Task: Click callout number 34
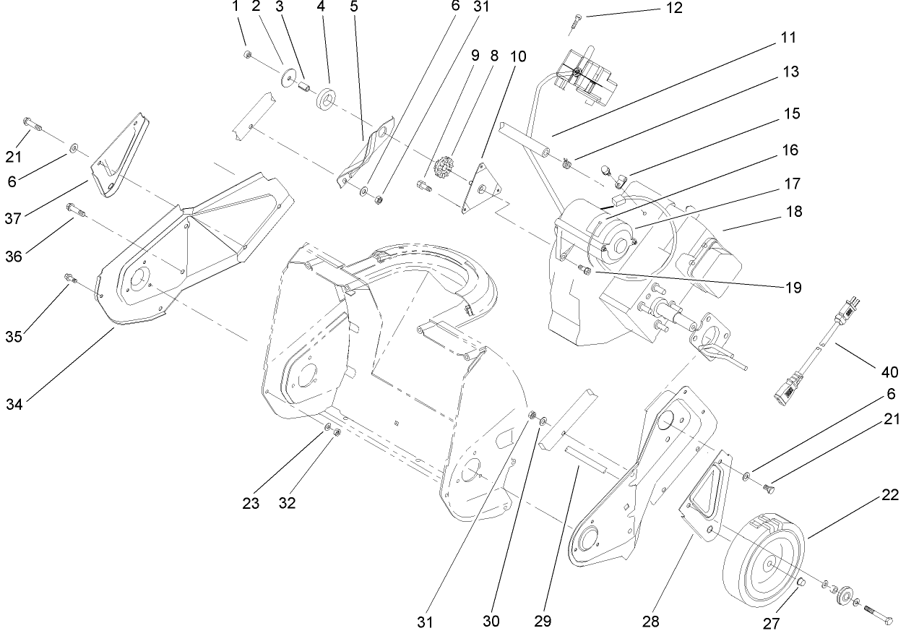coord(14,403)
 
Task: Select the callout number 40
coord(889,373)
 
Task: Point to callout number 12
coord(673,9)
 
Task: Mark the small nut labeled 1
coord(248,55)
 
